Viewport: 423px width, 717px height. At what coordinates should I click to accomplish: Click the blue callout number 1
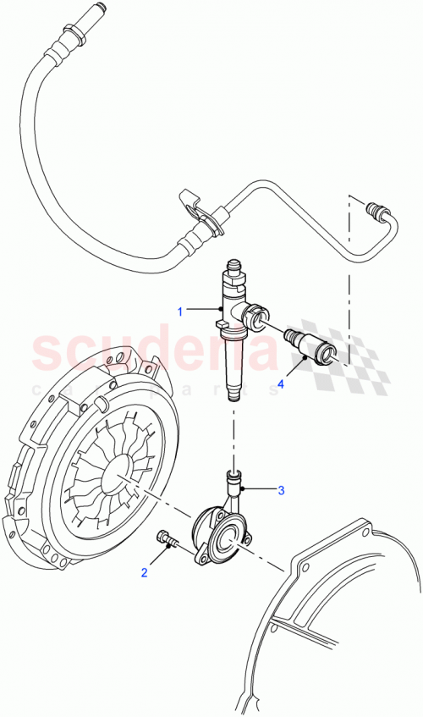[x=179, y=312]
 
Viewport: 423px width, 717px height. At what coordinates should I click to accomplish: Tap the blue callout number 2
[x=144, y=573]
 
